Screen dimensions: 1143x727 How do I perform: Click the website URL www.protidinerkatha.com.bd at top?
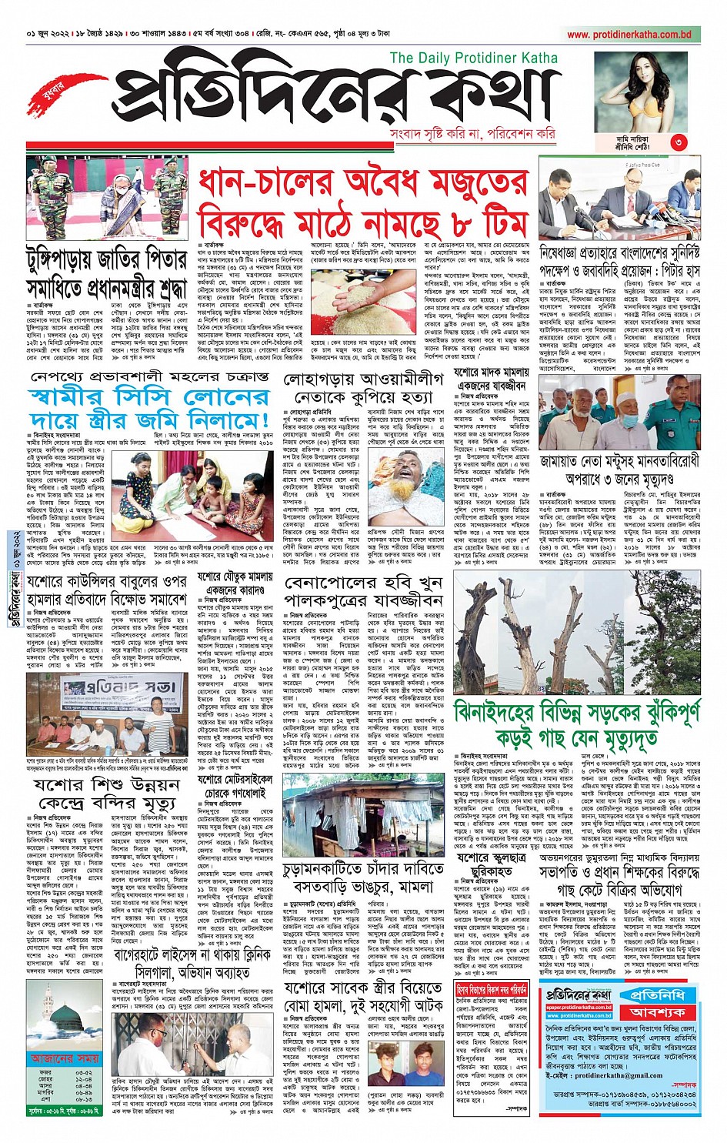pos(629,35)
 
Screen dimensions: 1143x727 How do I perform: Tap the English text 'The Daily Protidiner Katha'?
pos(473,58)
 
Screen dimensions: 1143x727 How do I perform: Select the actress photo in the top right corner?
pos(643,89)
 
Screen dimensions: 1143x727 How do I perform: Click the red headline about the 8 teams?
pos(362,204)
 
